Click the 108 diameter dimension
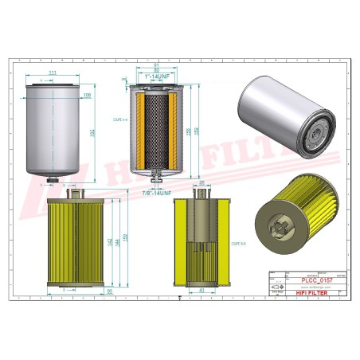[x=87, y=94]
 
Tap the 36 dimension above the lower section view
[x=202, y=183]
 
